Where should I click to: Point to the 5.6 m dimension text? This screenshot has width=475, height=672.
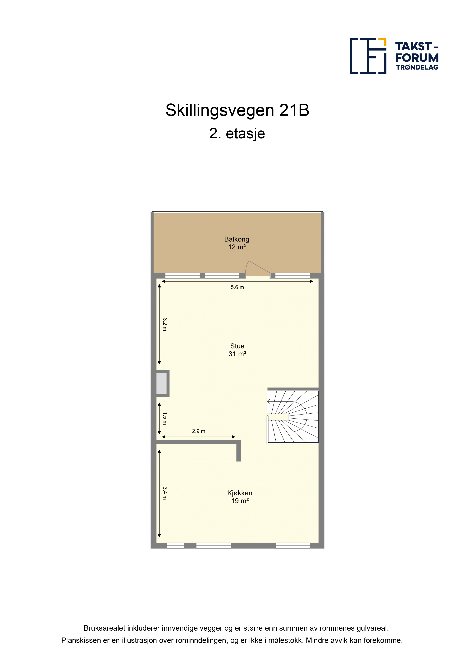pyautogui.click(x=237, y=287)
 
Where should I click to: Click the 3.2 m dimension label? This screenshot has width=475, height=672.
pyautogui.click(x=165, y=324)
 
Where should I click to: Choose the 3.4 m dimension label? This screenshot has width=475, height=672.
pyautogui.click(x=165, y=493)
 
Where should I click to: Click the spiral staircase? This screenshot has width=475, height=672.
pyautogui.click(x=292, y=417)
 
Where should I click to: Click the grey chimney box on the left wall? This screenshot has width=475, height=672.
pyautogui.click(x=161, y=384)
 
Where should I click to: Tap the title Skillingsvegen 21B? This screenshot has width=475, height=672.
pyautogui.click(x=237, y=110)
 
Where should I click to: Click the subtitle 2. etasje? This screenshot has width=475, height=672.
pyautogui.click(x=237, y=134)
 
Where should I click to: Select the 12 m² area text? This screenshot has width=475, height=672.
pyautogui.click(x=237, y=247)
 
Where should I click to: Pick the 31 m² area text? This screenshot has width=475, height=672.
pyautogui.click(x=237, y=354)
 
